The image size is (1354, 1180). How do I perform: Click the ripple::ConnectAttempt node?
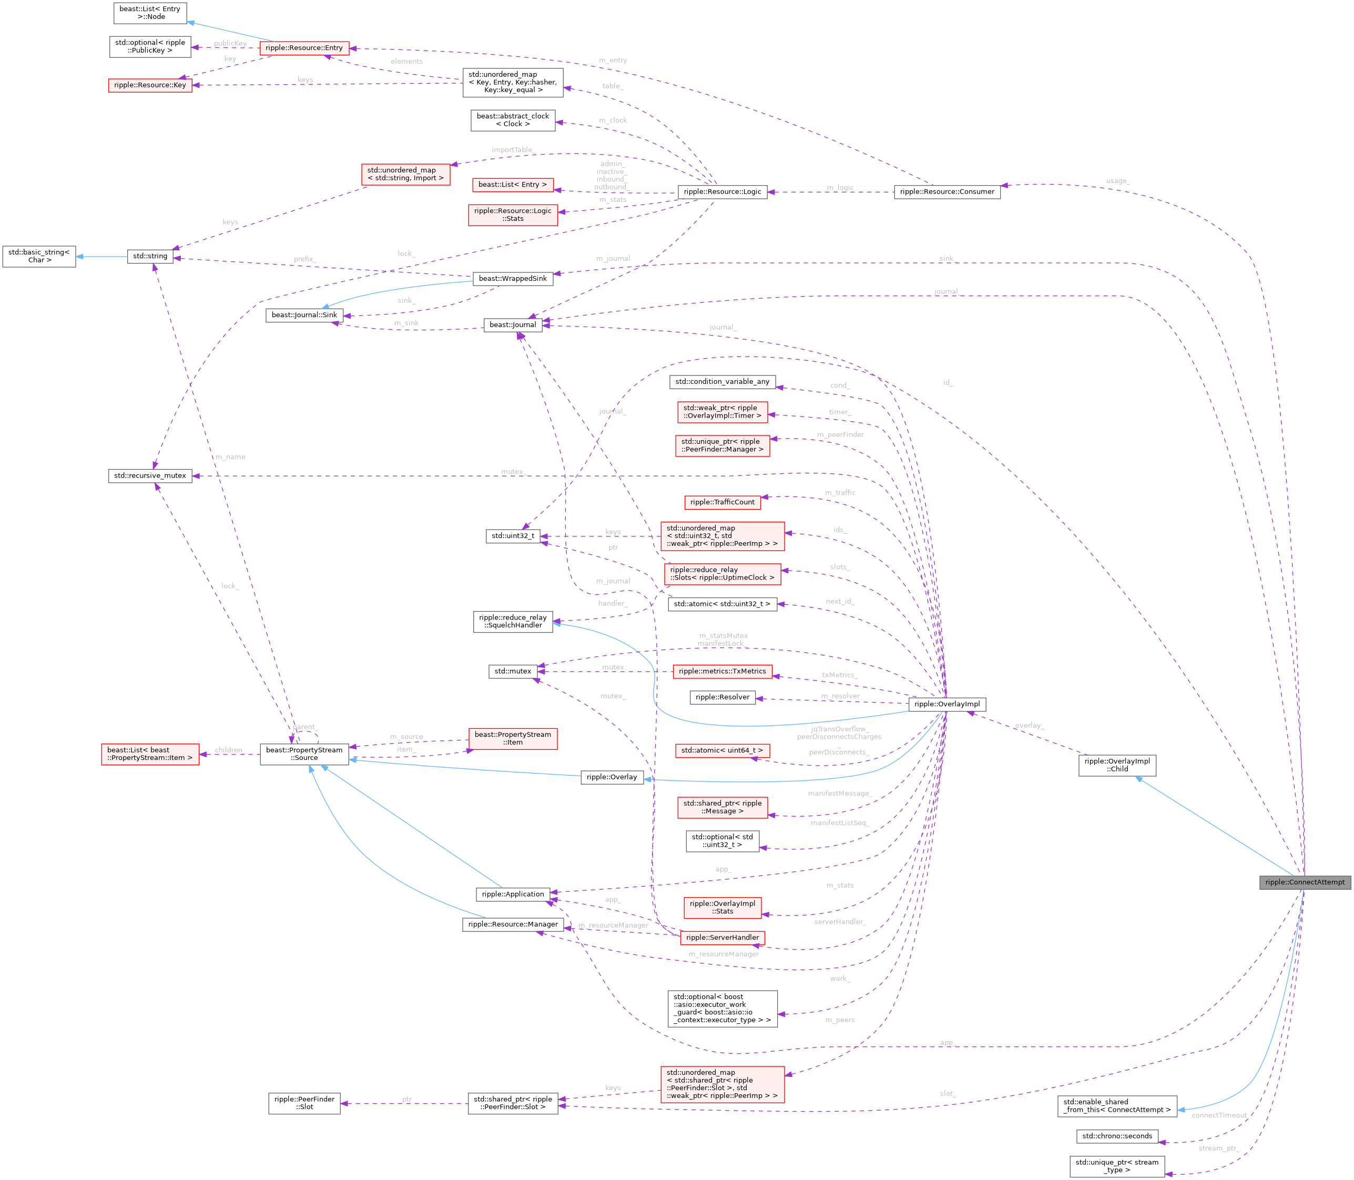click(1305, 882)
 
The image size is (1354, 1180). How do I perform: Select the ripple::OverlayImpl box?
click(946, 704)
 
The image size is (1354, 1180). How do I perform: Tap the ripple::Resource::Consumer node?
click(946, 191)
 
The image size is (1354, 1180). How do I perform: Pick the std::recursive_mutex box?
click(150, 475)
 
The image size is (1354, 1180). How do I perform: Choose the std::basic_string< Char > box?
click(39, 256)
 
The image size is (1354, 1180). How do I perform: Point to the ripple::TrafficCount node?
click(722, 502)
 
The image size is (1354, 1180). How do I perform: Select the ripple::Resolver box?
click(722, 697)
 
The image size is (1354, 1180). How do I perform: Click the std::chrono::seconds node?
click(1117, 1136)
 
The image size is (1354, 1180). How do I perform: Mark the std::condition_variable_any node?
click(722, 381)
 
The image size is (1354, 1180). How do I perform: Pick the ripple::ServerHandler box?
click(722, 938)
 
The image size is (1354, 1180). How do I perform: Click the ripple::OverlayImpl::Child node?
click(1117, 765)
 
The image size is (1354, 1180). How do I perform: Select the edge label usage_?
click(1117, 181)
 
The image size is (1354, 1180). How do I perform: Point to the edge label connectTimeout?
click(1219, 1115)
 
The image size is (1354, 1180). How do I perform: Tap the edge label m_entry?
click(613, 60)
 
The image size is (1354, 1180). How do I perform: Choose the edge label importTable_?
click(512, 150)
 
